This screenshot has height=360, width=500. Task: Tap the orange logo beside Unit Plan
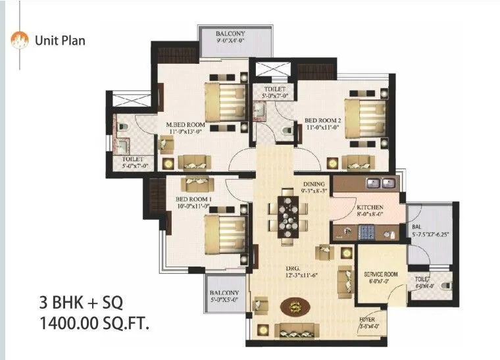(x=20, y=40)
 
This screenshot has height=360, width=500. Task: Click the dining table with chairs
(x=288, y=214)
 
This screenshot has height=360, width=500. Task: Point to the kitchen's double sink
(x=381, y=182)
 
